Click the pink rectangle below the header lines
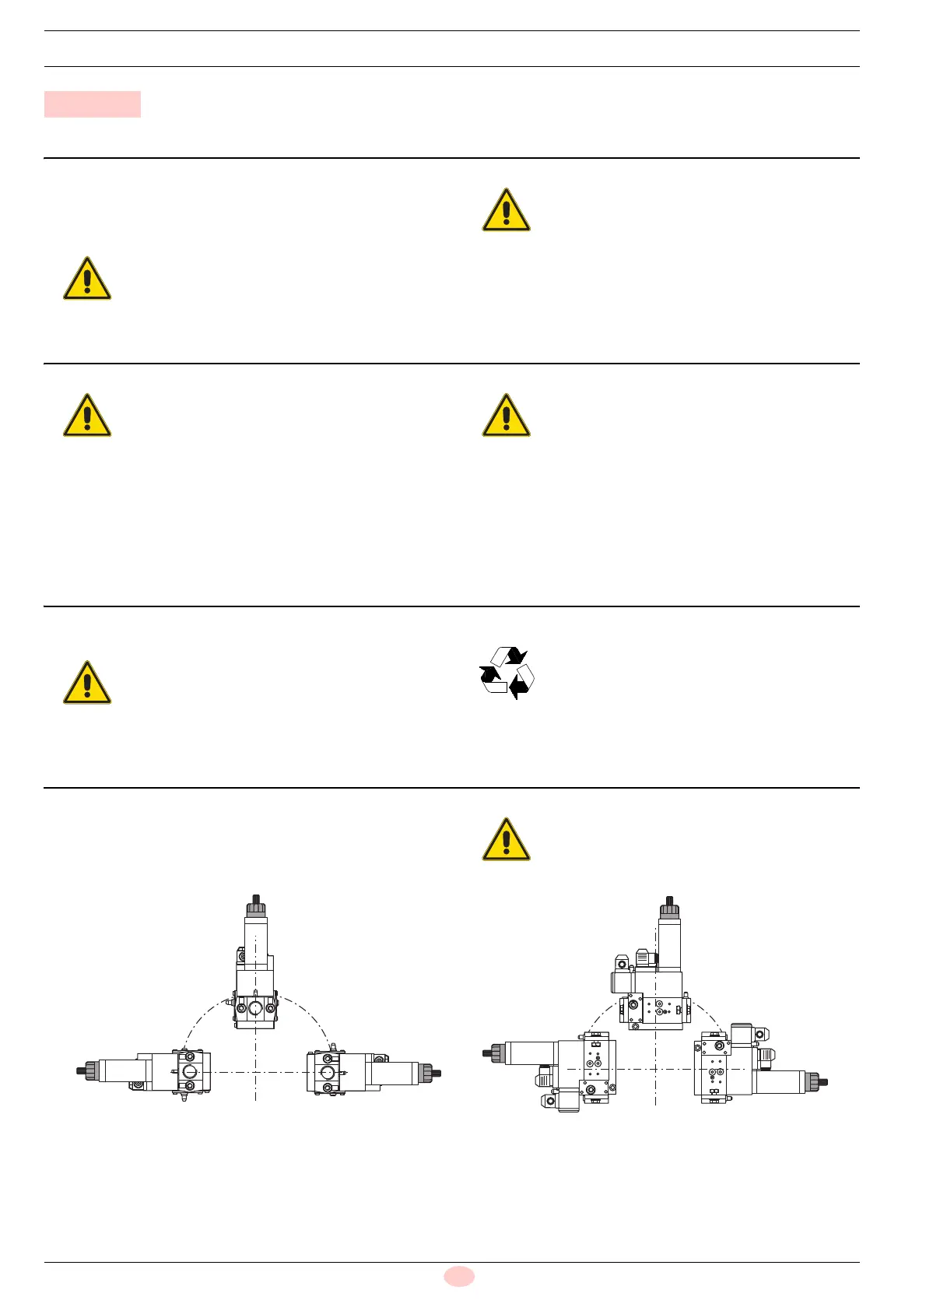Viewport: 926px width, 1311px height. [x=92, y=104]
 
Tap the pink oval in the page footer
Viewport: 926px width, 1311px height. [x=459, y=1276]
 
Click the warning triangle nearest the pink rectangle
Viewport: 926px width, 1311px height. [x=87, y=278]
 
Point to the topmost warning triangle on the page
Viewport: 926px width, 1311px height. [x=507, y=209]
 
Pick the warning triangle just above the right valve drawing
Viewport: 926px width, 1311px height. [x=507, y=839]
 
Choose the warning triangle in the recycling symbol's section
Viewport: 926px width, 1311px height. [x=87, y=683]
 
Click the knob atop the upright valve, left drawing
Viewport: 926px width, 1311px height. [x=256, y=908]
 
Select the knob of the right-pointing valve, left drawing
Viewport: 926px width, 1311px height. [x=427, y=1073]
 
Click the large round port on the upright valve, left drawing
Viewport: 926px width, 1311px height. [x=255, y=1009]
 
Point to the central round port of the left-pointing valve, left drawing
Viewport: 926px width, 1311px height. [x=190, y=1072]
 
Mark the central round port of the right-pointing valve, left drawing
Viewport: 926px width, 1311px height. [x=327, y=1072]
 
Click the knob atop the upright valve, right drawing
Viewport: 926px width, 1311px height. [x=669, y=909]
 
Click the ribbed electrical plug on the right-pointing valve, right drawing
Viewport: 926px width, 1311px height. [x=766, y=1057]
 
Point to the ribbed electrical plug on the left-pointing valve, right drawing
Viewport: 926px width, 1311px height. [x=545, y=1079]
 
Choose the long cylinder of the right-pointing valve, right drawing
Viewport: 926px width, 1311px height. [x=780, y=1081]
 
